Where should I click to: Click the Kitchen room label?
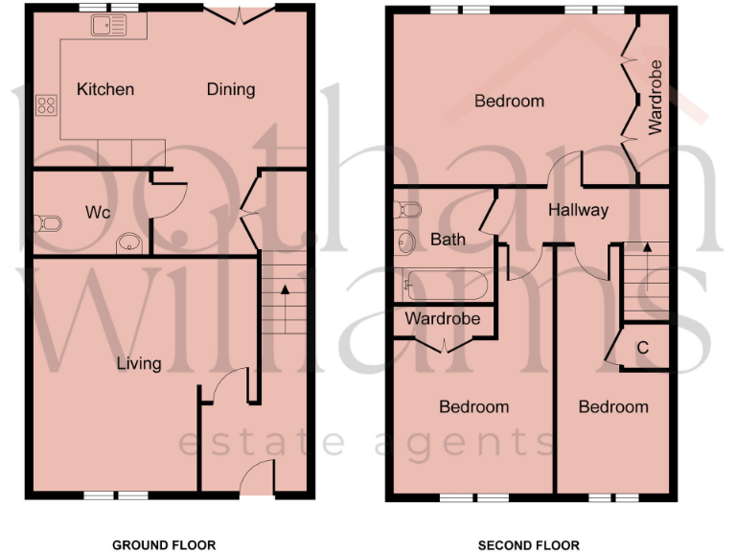(x=105, y=89)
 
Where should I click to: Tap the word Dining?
(x=231, y=89)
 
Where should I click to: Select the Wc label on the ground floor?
(x=97, y=211)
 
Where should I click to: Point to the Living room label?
(x=139, y=363)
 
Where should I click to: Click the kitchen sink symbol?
(x=108, y=26)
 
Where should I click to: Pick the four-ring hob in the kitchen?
(x=45, y=105)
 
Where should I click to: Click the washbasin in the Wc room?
(x=129, y=245)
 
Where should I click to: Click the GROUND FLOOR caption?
(x=164, y=545)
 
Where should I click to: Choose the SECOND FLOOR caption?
(x=529, y=545)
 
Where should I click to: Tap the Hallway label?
(x=578, y=210)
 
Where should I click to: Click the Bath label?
(x=448, y=239)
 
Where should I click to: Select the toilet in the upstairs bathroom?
(x=406, y=209)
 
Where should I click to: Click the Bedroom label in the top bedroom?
(x=509, y=101)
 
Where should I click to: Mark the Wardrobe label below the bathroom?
(x=442, y=318)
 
